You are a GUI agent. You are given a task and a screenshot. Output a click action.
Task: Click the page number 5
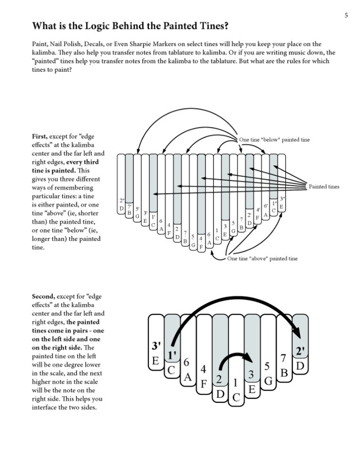(346, 16)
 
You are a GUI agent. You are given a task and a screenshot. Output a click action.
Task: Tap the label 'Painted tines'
(324, 187)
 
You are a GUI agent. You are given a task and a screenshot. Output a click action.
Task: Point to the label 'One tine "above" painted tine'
(262, 259)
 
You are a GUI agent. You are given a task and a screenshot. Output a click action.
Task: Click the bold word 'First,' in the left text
(41, 136)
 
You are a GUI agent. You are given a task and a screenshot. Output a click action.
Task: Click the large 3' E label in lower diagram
(156, 353)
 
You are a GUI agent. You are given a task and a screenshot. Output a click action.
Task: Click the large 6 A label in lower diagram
(187, 370)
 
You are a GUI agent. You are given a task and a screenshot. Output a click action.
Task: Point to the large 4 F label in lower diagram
(203, 377)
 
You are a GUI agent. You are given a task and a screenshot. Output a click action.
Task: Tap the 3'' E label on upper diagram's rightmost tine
(281, 203)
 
